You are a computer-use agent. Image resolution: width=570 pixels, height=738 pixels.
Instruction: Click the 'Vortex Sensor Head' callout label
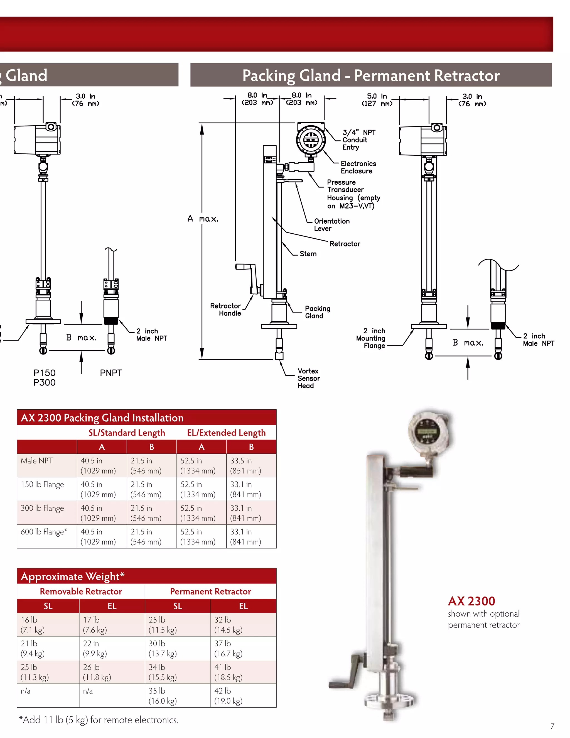click(x=308, y=378)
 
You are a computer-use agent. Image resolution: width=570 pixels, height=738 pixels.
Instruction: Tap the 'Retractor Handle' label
click(x=225, y=309)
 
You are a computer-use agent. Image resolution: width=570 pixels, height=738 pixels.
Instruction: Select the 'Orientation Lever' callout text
click(x=331, y=225)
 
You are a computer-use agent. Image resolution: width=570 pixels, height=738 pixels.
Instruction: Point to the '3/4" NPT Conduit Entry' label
click(x=358, y=140)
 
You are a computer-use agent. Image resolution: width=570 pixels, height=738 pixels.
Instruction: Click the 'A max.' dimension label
click(x=203, y=219)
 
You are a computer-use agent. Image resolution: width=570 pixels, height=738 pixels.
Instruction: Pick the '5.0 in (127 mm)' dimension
click(x=377, y=100)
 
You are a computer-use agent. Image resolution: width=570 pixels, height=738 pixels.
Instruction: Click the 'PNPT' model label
click(x=111, y=373)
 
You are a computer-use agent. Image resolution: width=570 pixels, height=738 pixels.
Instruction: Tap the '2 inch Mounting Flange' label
click(x=371, y=338)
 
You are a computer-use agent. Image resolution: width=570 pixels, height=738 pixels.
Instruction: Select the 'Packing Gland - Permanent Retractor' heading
click(x=371, y=75)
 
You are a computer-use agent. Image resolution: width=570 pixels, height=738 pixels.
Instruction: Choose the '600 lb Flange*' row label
click(x=44, y=532)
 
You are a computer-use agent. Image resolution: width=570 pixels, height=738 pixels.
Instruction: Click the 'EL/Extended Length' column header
click(x=226, y=433)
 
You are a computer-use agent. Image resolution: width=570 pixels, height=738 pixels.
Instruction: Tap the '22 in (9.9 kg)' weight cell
click(x=95, y=648)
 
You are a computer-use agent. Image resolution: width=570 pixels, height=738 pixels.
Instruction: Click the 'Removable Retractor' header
click(x=81, y=591)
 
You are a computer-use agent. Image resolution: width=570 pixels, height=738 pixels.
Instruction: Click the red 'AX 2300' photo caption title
click(x=471, y=601)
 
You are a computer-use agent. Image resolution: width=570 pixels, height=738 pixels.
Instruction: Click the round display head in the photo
click(x=428, y=432)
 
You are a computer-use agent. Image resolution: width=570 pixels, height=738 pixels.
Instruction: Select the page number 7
click(x=552, y=726)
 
